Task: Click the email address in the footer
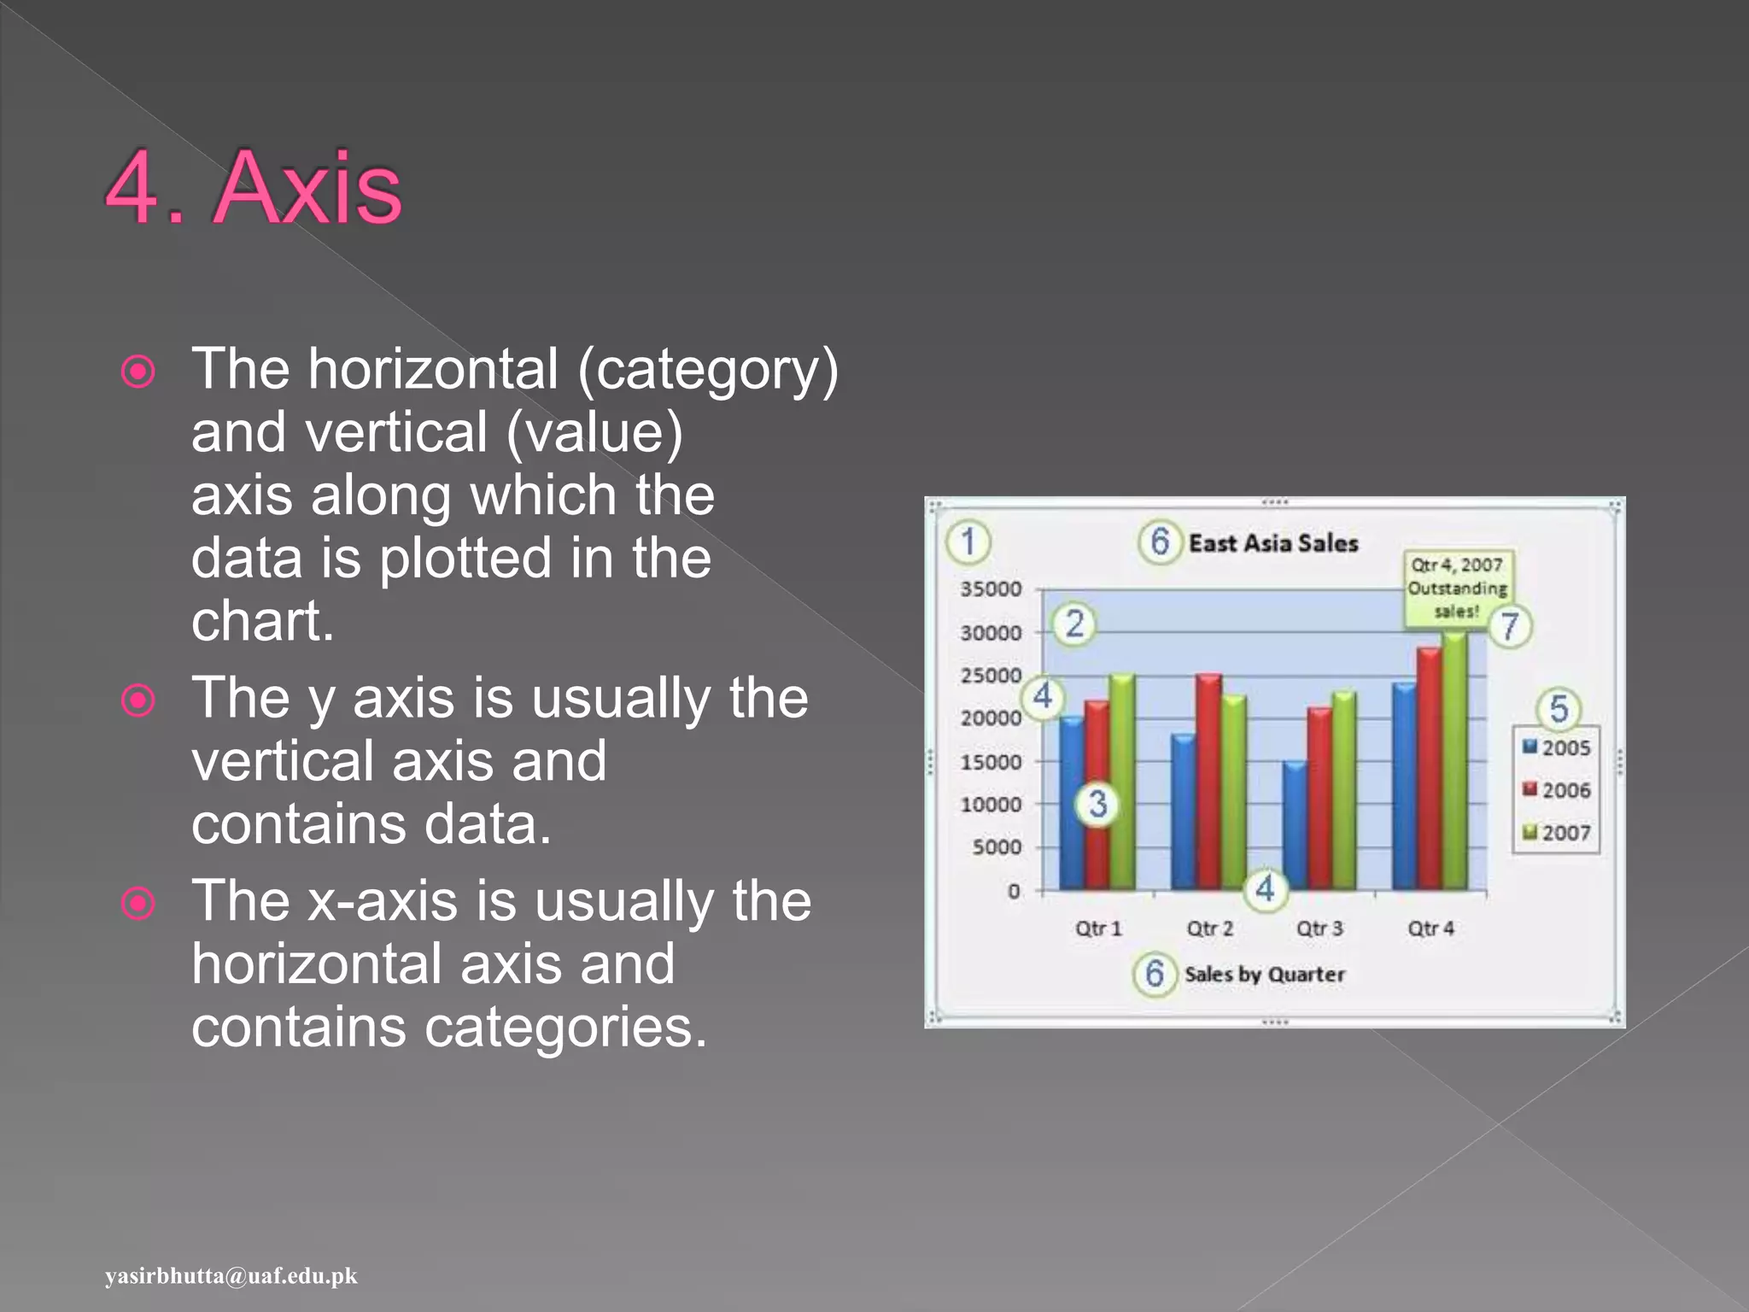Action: point(231,1275)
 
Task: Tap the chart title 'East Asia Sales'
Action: point(1272,543)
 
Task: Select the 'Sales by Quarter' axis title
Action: point(1264,975)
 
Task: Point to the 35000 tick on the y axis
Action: point(991,589)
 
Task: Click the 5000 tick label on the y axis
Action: point(997,847)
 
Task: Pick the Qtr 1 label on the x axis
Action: point(1098,928)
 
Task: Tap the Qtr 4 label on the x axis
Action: point(1430,928)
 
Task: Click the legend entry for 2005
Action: point(1557,747)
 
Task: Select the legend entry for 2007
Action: point(1557,832)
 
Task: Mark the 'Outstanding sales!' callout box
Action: point(1457,588)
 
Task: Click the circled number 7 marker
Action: point(1510,626)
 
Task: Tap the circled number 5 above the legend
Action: point(1559,709)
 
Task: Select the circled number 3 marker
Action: point(1097,804)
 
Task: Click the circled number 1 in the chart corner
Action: point(968,542)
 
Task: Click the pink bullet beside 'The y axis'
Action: point(138,700)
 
